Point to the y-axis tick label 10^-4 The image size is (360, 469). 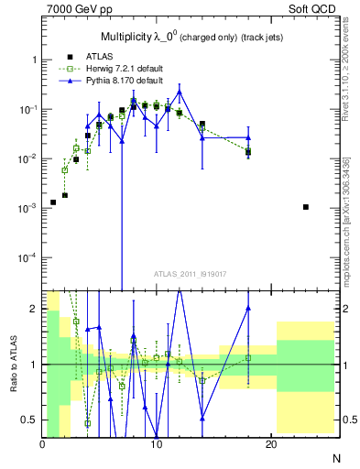pyautogui.click(x=27, y=257)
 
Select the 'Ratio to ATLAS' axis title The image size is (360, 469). pyautogui.click(x=13, y=364)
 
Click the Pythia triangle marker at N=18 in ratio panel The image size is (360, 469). pyautogui.click(x=248, y=309)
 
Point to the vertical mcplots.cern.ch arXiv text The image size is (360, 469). pyautogui.click(x=353, y=220)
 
